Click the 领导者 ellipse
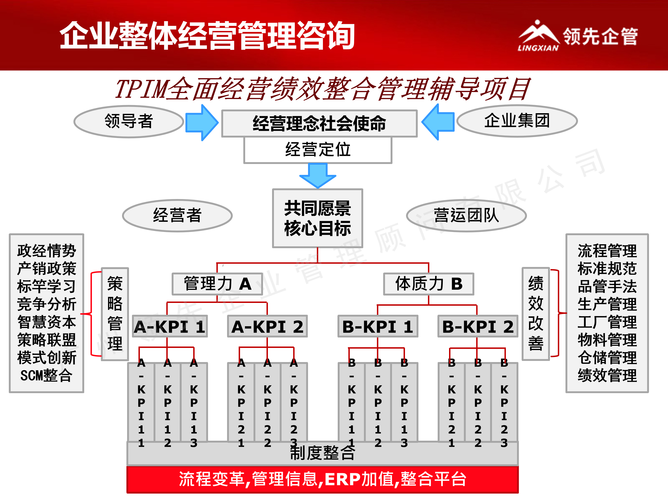tap(129, 121)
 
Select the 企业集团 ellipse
tap(517, 121)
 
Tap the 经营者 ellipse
tap(177, 215)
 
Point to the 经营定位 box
tap(318, 150)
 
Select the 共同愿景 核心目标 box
tap(317, 218)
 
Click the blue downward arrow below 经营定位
tap(318, 175)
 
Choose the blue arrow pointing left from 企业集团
tap(438, 122)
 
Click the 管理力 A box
tap(217, 284)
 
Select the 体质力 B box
tap(429, 284)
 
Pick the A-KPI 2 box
tap(267, 326)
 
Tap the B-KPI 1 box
tap(378, 326)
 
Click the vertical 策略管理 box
tap(115, 314)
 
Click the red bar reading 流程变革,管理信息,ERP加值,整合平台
tap(323, 479)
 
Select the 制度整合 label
tap(323, 453)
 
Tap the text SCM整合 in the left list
tap(47, 375)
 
